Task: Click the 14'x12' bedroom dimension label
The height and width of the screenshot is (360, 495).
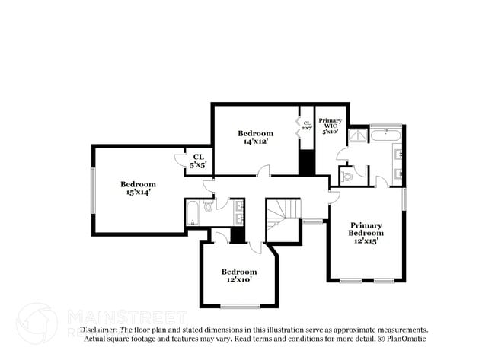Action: pyautogui.click(x=255, y=142)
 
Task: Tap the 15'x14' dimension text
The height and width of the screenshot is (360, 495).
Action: pyautogui.click(x=138, y=193)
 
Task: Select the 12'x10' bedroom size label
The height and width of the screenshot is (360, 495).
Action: pyautogui.click(x=238, y=280)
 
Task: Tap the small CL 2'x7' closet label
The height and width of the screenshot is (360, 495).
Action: pyautogui.click(x=306, y=126)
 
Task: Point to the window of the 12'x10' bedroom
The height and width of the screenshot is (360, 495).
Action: pyautogui.click(x=238, y=306)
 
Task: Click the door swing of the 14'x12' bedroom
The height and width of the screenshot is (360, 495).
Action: pyautogui.click(x=263, y=173)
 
